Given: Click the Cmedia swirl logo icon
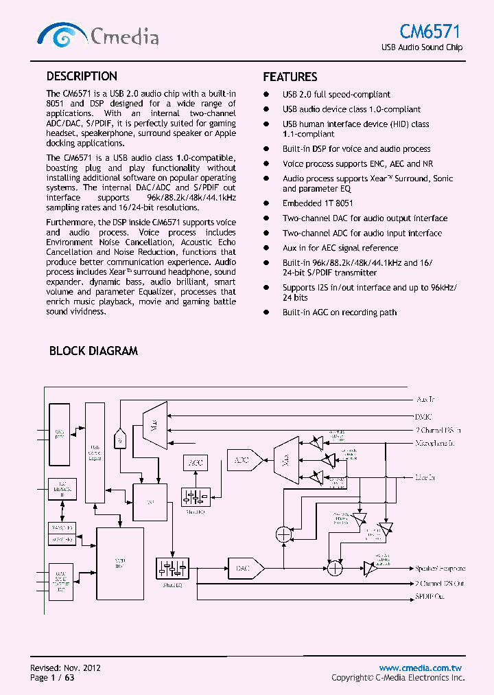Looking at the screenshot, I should (x=62, y=35).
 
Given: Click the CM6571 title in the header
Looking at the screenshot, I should (x=431, y=32).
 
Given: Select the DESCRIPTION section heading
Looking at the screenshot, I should (x=82, y=76).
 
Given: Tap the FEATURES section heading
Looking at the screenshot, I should (x=290, y=77).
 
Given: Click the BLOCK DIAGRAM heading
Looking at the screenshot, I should (x=93, y=351).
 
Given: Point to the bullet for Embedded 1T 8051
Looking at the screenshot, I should (x=267, y=204).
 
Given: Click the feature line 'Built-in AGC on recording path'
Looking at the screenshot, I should (x=339, y=312).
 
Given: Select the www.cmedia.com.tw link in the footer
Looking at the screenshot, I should (x=421, y=668).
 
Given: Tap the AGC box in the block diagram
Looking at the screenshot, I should (x=194, y=463).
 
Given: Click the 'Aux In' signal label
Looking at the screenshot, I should (x=425, y=399).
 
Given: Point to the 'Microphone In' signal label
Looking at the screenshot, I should (x=435, y=444).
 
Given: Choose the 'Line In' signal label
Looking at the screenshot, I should (x=425, y=477).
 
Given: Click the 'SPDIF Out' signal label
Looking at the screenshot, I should (x=430, y=597).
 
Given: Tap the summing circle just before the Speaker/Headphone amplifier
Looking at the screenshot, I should (x=334, y=568).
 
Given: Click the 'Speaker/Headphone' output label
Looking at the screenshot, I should (x=439, y=569).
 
